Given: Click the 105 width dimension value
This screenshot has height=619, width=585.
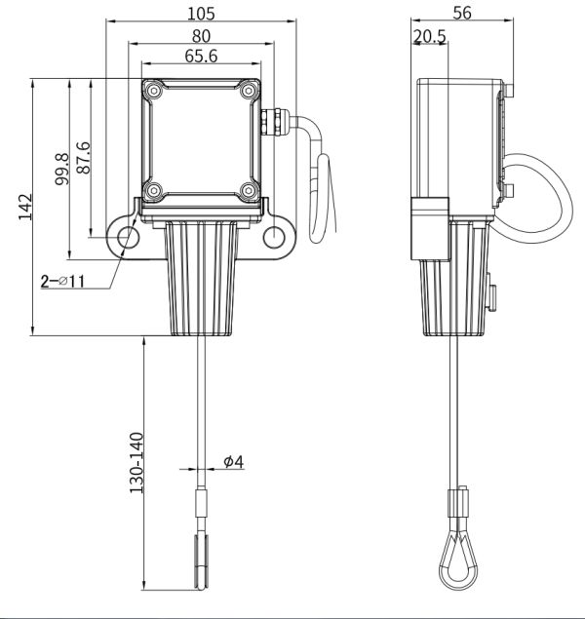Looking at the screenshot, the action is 201,14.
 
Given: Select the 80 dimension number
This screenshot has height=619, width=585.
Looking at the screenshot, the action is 201,36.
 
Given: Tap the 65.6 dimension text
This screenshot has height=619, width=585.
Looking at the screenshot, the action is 201,57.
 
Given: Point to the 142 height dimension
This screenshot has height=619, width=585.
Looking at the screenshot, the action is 25,207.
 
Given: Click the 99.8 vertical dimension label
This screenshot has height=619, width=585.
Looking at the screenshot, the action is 61,170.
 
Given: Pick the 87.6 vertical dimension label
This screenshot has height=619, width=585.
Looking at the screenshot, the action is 83,158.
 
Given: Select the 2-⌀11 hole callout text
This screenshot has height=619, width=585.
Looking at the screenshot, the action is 62,282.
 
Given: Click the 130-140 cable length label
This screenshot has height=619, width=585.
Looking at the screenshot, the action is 136,463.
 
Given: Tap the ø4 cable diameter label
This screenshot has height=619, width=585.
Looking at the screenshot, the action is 234,461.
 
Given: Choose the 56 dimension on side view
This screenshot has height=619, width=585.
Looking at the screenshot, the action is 462,13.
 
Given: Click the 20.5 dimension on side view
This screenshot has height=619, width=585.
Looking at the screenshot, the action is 429,37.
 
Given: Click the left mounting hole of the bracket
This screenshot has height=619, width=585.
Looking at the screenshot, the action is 129,237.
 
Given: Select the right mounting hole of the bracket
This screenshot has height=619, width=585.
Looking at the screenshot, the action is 274,237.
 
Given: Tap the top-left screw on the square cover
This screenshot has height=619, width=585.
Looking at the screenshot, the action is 153,92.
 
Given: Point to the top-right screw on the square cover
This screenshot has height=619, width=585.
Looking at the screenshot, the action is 249,92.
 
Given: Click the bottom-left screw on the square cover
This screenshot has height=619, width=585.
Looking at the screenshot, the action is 153,191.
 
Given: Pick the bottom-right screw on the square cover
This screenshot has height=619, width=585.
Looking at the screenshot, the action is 249,191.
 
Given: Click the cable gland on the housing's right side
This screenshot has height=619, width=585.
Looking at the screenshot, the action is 275,121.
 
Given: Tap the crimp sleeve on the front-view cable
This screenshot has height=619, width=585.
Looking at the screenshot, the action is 202,503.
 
